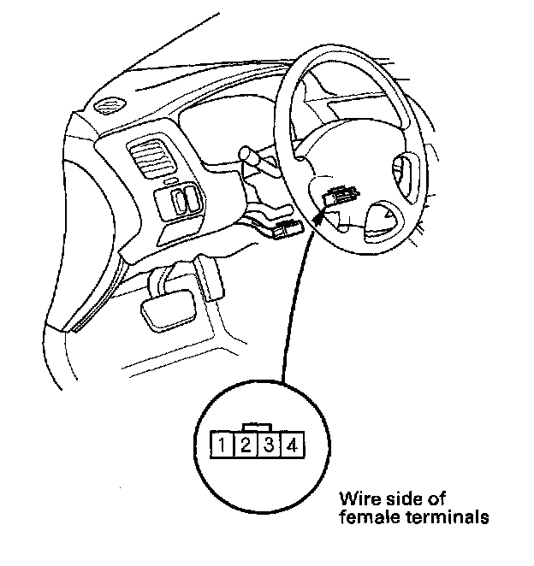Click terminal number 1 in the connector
coord(222,445)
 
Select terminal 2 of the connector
coord(245,445)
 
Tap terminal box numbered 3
coord(269,445)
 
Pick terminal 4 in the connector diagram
coord(292,445)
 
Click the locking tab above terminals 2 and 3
coord(257,426)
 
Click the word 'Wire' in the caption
coord(358,498)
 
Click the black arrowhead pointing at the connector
coord(321,217)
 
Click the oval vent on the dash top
coord(108,107)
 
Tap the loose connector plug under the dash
coord(287,228)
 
